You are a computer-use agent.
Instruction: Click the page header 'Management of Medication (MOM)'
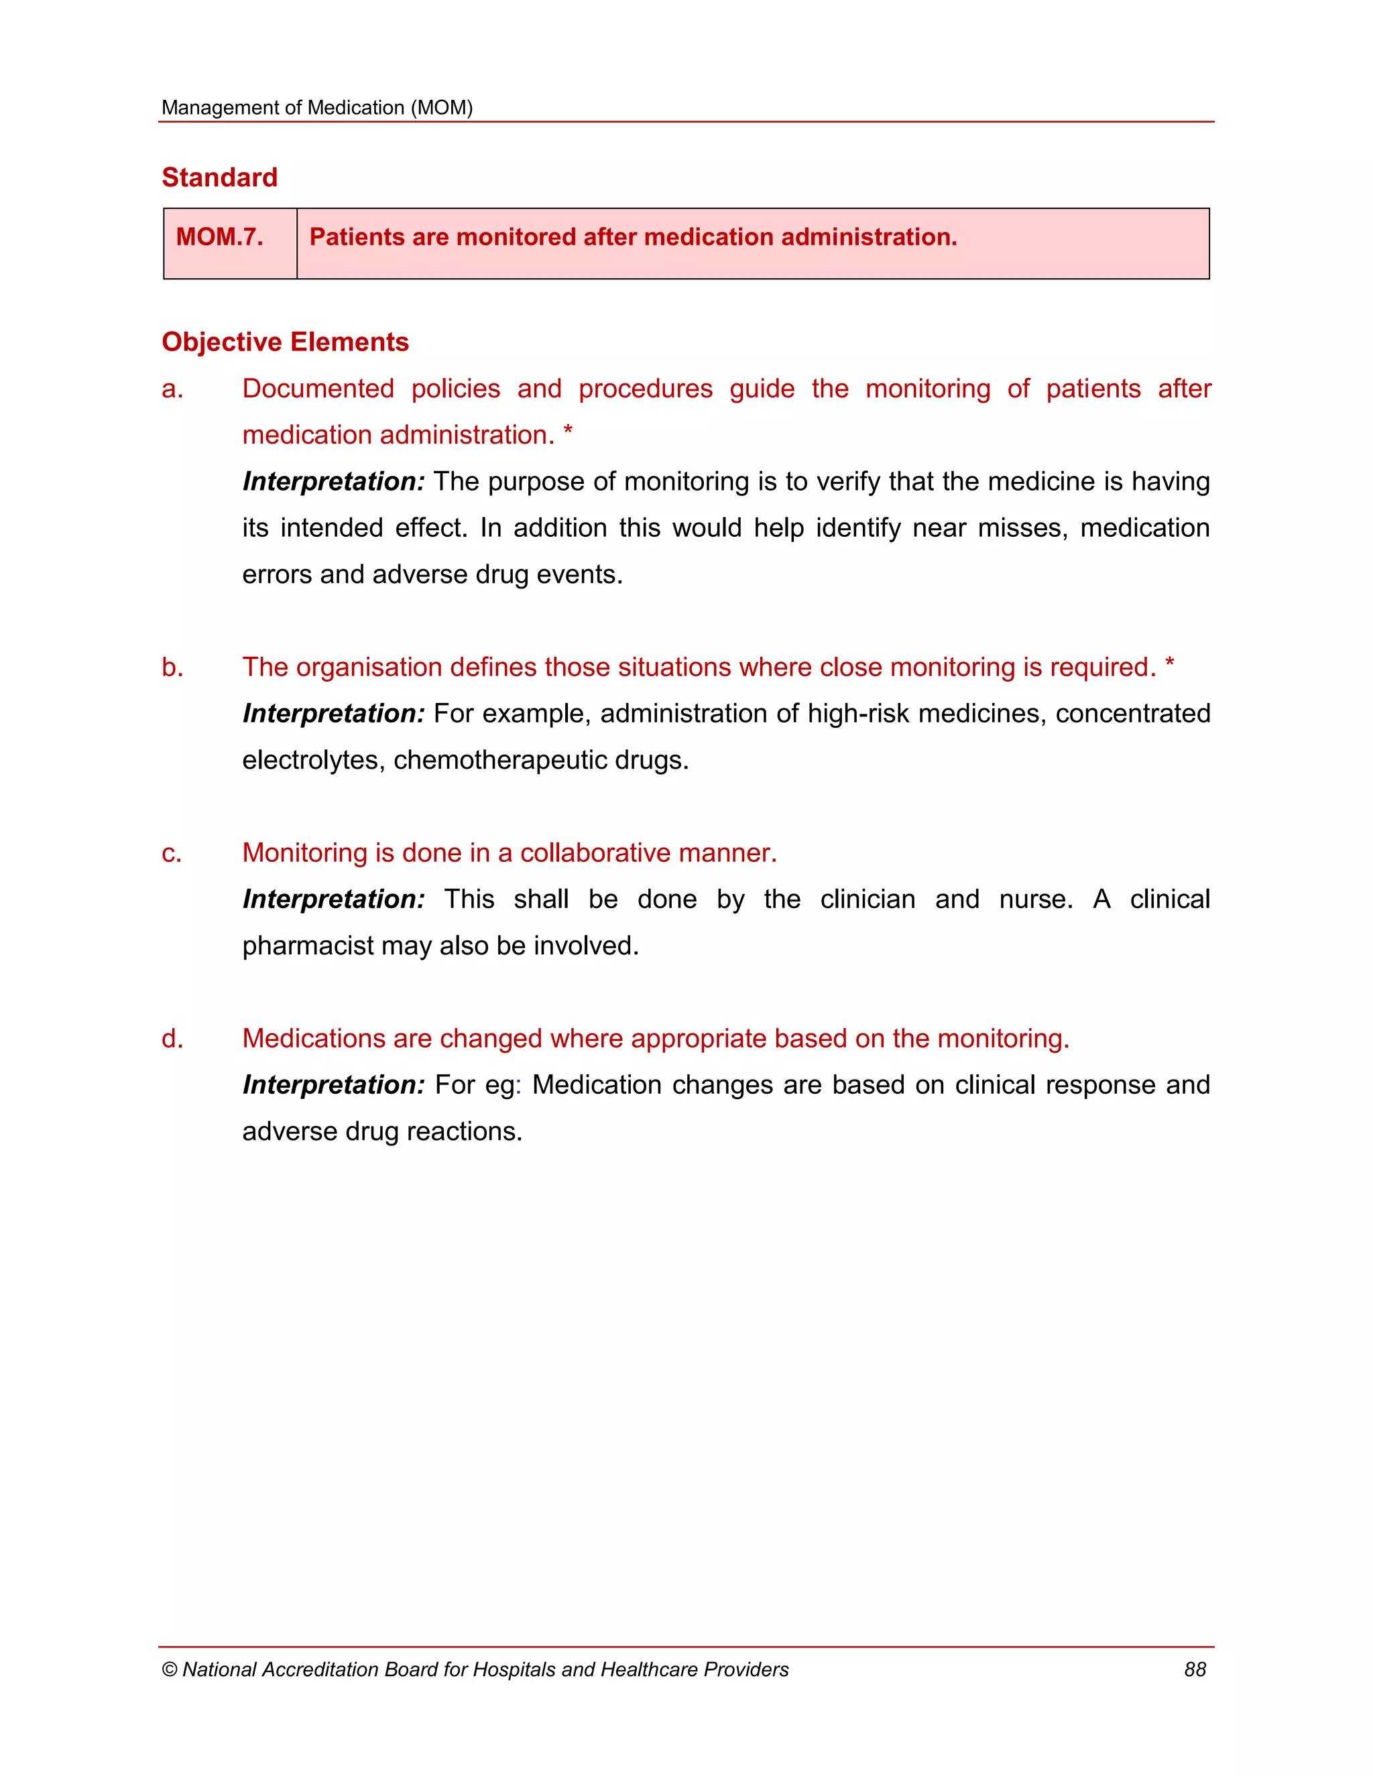tap(316, 107)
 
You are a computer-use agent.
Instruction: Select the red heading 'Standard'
tap(220, 178)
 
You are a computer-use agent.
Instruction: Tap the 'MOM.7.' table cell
tap(220, 237)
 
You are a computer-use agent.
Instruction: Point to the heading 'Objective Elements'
tap(285, 342)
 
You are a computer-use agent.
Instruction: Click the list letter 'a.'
tap(172, 389)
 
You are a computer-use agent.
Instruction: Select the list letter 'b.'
tap(172, 667)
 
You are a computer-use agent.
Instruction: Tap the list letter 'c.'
tap(172, 853)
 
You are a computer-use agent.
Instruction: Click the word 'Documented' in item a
tap(318, 389)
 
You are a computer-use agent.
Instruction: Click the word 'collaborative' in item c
tap(595, 853)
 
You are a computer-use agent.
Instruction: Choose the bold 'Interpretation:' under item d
tap(333, 1085)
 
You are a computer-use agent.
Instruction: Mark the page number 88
tap(1195, 1669)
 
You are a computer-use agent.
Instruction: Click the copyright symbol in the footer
tap(169, 1670)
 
